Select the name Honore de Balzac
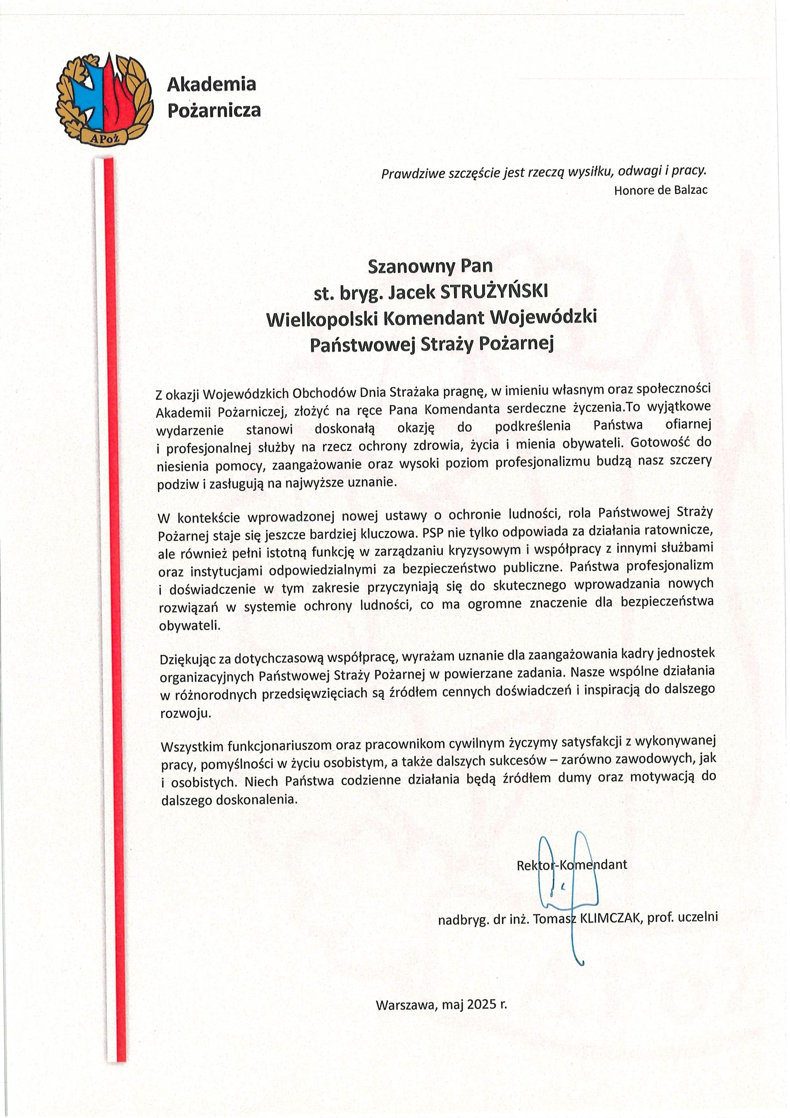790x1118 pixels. [x=661, y=190]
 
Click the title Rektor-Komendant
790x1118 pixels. [x=572, y=865]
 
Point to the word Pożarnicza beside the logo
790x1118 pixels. [x=214, y=111]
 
